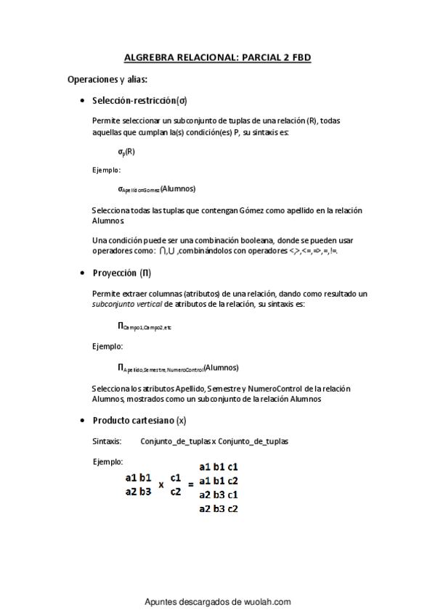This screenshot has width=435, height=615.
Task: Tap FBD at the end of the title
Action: (x=301, y=57)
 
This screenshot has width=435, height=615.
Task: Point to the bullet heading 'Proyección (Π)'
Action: (x=122, y=273)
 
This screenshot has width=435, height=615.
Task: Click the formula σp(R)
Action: (x=126, y=152)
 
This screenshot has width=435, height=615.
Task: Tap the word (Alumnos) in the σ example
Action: (x=178, y=189)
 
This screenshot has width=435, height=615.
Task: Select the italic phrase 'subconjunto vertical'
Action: (x=126, y=304)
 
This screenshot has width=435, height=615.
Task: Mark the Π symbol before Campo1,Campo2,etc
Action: (x=121, y=326)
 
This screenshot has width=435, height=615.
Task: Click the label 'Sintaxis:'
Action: (x=107, y=441)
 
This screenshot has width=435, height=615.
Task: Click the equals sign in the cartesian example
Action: (x=191, y=484)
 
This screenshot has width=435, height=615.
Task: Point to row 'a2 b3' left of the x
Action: (x=138, y=491)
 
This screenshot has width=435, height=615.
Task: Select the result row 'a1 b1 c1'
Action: (x=219, y=467)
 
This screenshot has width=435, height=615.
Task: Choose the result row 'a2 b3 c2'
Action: (x=219, y=508)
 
